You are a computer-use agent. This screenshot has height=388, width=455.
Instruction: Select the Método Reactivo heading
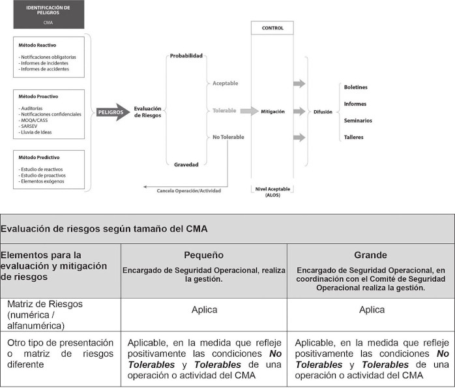tap(37, 45)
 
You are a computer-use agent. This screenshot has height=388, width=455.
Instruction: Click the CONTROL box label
tap(272, 28)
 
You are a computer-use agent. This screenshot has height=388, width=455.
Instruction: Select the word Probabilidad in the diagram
tap(186, 55)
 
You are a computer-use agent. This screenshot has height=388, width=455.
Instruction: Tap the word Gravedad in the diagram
tap(186, 164)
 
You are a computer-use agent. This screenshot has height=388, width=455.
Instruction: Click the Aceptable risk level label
tap(226, 83)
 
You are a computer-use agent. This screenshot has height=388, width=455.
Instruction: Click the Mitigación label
tap(272, 112)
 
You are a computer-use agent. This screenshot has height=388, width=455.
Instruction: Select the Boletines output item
tap(356, 87)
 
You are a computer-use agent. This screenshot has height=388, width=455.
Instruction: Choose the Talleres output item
tap(354, 137)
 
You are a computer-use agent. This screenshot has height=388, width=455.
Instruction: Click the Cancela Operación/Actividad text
tap(189, 190)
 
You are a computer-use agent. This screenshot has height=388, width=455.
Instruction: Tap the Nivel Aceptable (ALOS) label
tap(272, 191)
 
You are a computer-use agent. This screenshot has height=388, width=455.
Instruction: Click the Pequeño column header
tap(204, 255)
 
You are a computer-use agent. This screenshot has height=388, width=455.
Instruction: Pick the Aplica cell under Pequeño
tap(204, 310)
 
